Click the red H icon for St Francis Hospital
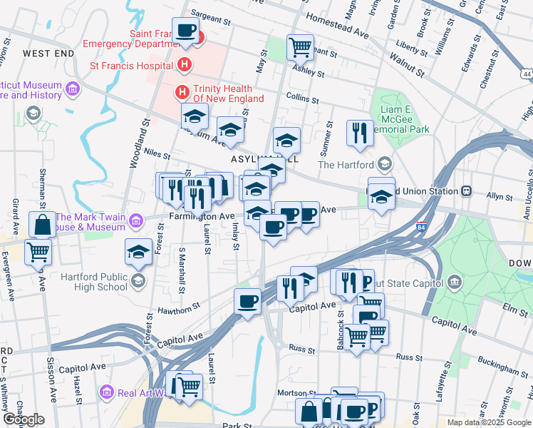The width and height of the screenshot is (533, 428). [185, 66]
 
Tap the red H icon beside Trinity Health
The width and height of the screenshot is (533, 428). [182, 92]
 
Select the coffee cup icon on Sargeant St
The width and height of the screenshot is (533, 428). [186, 31]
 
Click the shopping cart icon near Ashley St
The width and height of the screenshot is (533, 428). [300, 47]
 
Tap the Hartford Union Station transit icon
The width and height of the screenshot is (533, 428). [467, 191]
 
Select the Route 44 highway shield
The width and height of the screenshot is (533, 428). [526, 74]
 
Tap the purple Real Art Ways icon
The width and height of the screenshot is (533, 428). [108, 392]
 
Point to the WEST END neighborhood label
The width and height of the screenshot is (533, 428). [48, 53]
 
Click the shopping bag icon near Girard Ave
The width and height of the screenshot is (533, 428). [43, 224]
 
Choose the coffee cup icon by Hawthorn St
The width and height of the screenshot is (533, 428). [247, 301]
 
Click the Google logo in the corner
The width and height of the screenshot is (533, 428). [24, 419]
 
